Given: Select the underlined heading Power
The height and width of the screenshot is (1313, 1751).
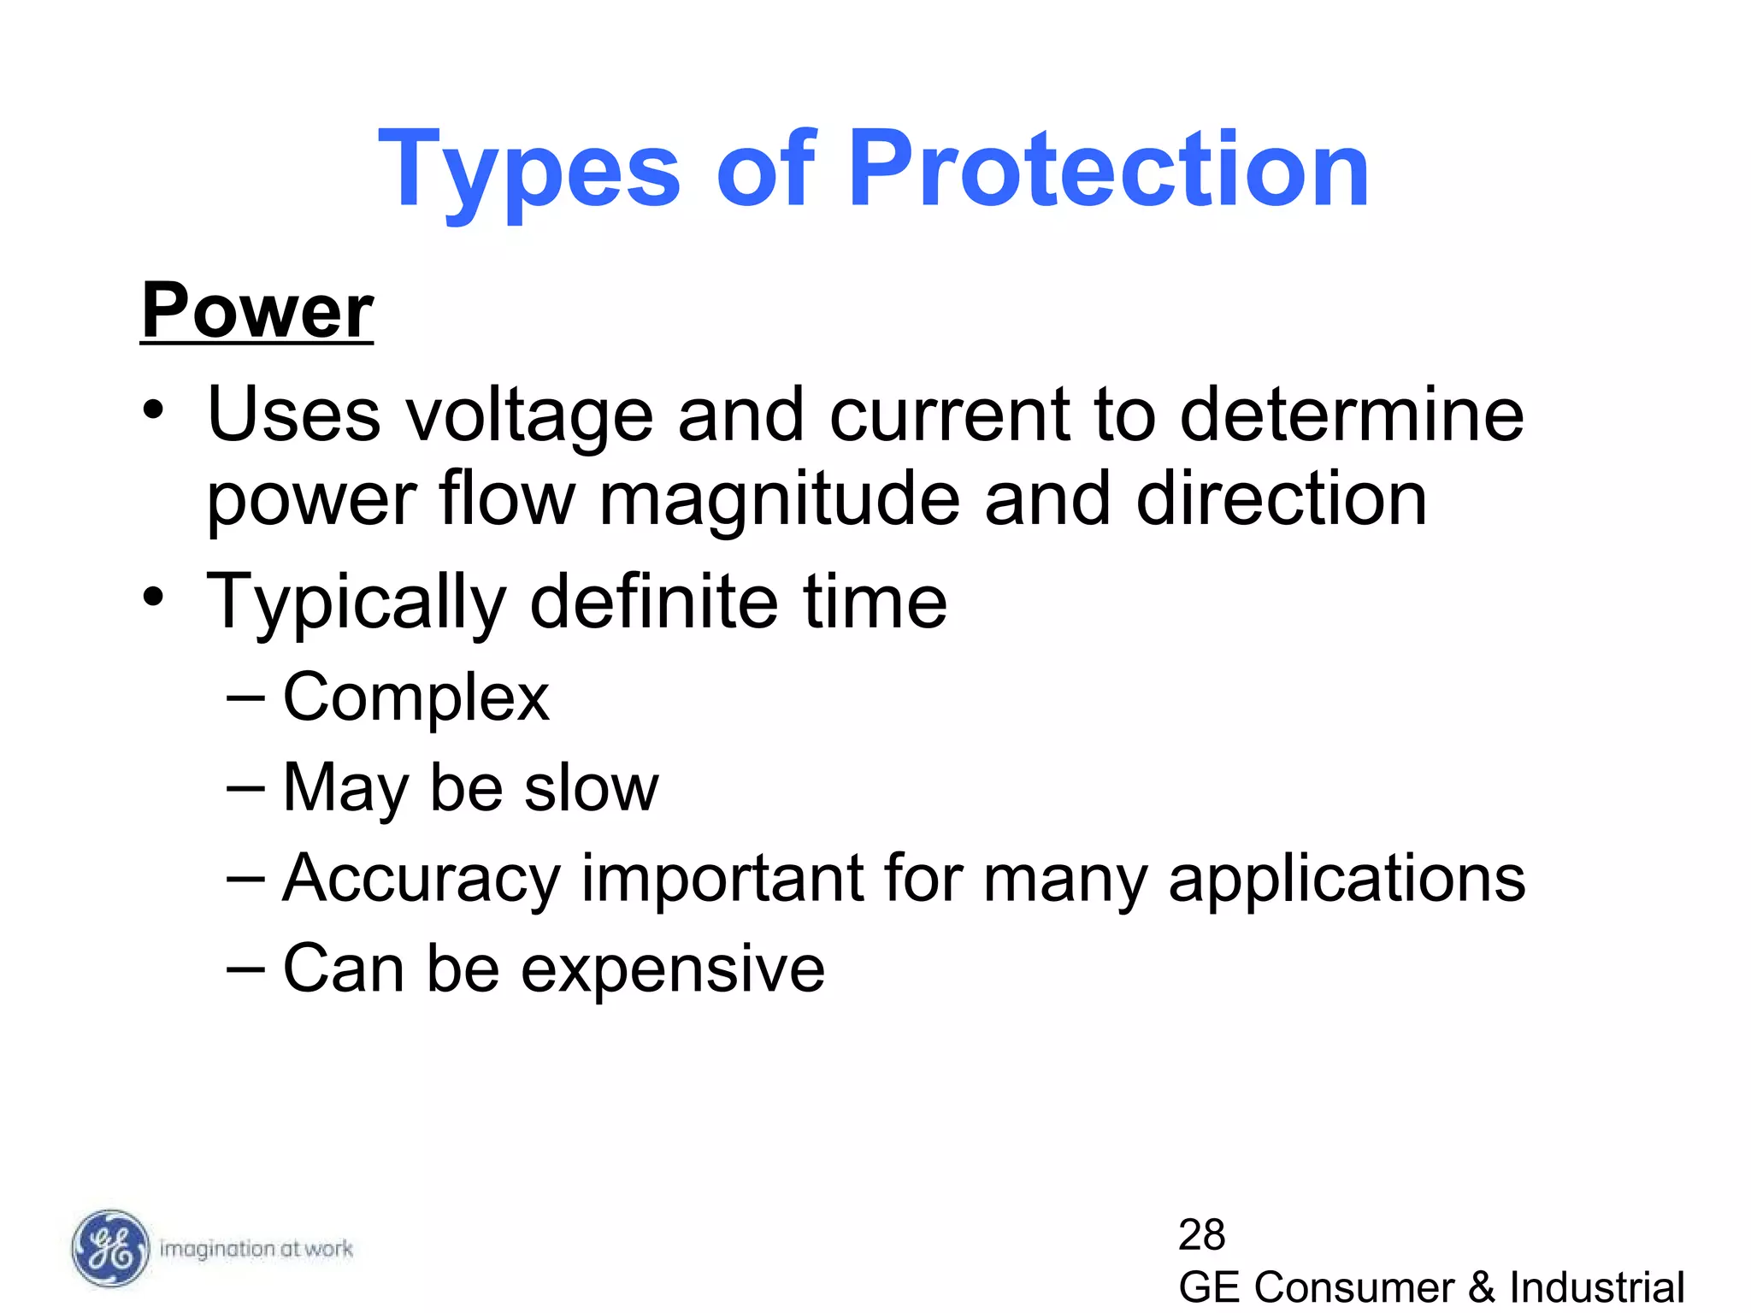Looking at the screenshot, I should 257,310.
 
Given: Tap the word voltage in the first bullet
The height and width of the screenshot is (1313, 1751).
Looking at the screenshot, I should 528,415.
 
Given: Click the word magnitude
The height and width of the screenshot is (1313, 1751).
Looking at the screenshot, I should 779,500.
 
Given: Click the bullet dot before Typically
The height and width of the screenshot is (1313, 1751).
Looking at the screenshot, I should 153,596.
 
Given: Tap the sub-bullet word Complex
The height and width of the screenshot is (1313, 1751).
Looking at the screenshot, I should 416,698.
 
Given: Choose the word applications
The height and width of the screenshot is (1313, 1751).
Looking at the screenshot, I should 1347,879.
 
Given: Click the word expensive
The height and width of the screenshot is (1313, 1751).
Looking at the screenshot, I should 673,969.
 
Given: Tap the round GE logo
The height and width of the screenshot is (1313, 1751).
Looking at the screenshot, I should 109,1249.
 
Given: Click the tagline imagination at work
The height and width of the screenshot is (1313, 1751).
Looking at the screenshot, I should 256,1249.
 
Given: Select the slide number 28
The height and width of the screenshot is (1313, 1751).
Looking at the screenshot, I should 1201,1234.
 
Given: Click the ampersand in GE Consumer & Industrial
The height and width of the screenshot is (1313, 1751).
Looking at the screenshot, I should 1482,1287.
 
